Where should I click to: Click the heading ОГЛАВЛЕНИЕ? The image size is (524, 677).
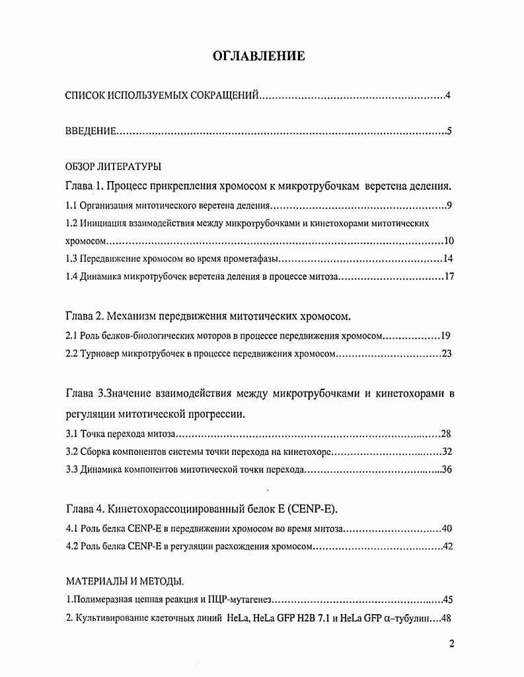[x=259, y=56]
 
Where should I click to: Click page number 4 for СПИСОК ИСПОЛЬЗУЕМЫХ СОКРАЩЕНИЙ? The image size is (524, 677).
[x=447, y=97]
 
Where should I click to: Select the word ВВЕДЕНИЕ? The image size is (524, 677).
[x=91, y=132]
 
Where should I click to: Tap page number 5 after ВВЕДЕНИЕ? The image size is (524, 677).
[x=449, y=132]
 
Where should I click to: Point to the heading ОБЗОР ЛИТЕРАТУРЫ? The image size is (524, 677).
[x=113, y=166]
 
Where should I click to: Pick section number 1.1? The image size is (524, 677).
[x=72, y=206]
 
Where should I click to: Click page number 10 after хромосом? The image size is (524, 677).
[x=449, y=241]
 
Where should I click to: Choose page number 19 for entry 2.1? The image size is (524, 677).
[x=445, y=336]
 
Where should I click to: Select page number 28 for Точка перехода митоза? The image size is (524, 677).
[x=445, y=434]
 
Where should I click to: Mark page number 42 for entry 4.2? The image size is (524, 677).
[x=446, y=547]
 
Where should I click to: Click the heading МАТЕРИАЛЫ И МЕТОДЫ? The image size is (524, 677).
[x=124, y=581]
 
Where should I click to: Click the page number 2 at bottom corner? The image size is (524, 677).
[x=451, y=644]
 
